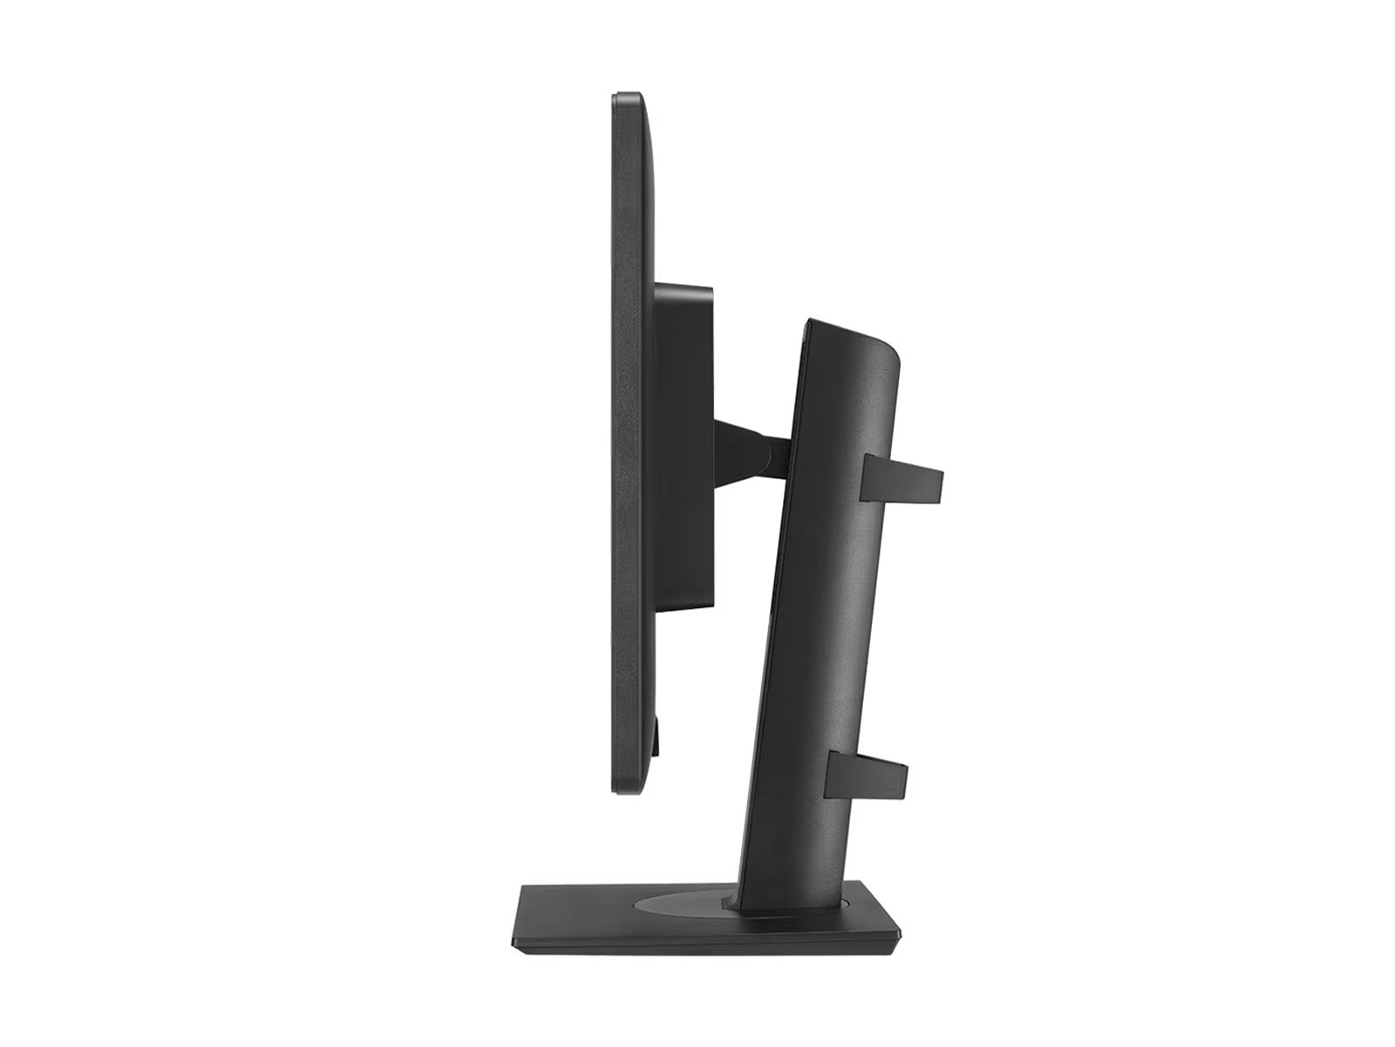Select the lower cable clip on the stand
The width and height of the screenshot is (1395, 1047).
pos(868,778)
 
